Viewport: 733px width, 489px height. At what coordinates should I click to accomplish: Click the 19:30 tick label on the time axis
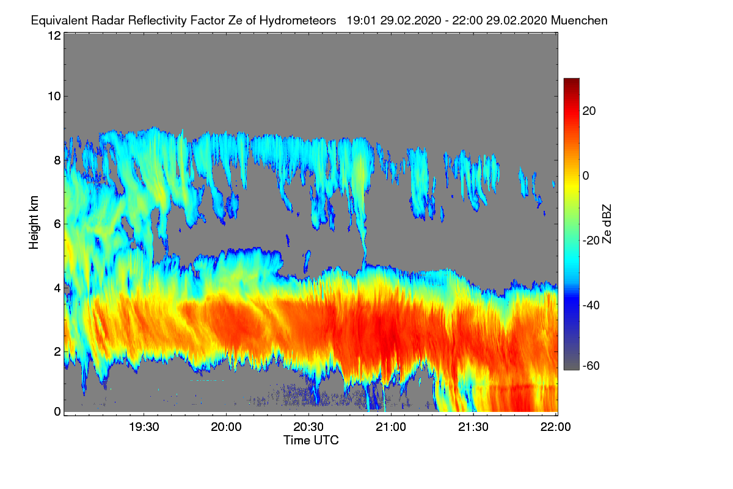coord(144,427)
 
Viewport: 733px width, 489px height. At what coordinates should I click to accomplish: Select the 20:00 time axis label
coord(226,427)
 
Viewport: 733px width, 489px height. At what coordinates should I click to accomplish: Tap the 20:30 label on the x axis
coord(308,427)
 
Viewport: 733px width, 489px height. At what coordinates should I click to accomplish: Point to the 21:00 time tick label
coord(391,427)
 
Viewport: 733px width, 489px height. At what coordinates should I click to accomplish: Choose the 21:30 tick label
coord(473,427)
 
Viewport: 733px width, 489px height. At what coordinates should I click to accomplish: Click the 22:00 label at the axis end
coord(555,427)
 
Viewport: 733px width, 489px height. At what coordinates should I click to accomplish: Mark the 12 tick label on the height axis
coord(54,35)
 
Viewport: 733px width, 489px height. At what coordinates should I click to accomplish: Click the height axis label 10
coord(54,97)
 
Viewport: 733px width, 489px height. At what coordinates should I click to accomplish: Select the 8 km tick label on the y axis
coord(57,160)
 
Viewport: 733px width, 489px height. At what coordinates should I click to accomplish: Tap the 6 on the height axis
coord(57,224)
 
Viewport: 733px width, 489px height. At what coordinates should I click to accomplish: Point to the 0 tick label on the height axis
coord(57,412)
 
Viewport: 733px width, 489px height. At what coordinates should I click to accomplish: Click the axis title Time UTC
coord(311,441)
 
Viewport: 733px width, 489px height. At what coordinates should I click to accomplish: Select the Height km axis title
coord(34,222)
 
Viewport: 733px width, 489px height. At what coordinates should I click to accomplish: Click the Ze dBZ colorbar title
coord(607,224)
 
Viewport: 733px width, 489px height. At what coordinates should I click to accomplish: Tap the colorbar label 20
coord(589,111)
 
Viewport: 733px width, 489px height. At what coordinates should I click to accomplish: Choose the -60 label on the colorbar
coord(591,366)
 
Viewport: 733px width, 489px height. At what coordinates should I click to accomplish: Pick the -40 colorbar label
coord(591,305)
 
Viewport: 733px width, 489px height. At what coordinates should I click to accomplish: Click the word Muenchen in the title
coord(579,21)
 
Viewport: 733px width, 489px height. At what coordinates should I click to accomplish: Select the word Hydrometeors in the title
coord(298,21)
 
